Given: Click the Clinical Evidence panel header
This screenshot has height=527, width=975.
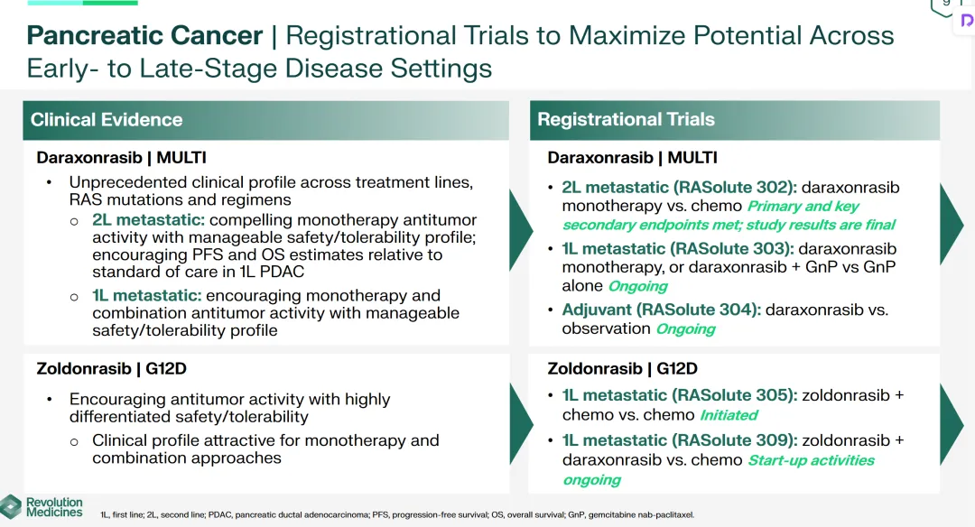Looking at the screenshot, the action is [x=266, y=120].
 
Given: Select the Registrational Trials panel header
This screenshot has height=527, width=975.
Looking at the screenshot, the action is [x=734, y=120].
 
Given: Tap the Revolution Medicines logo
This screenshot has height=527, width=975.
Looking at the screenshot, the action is [x=42, y=507].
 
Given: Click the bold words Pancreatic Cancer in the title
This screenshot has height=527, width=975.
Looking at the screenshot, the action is [x=144, y=35].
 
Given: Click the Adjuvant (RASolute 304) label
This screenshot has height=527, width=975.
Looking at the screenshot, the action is [x=661, y=310].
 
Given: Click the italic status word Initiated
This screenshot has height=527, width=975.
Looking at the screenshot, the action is [x=729, y=415].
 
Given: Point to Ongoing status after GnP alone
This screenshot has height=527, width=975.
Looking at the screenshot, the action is [x=638, y=286].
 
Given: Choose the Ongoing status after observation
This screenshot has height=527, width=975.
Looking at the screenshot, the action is [x=686, y=328].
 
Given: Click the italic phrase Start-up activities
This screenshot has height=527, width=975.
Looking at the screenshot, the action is [x=811, y=460].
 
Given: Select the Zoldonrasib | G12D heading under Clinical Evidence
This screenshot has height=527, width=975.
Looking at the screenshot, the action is [x=111, y=368].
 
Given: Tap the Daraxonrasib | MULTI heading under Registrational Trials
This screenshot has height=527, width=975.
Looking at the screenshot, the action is [x=632, y=157].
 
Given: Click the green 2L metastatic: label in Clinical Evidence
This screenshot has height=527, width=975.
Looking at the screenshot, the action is [x=148, y=220].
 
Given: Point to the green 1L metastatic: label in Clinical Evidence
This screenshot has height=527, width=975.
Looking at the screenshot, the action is [x=147, y=295].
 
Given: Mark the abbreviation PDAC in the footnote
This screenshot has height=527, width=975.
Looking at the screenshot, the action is [x=219, y=514].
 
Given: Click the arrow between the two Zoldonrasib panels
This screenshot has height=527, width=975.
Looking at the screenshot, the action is [x=521, y=424].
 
